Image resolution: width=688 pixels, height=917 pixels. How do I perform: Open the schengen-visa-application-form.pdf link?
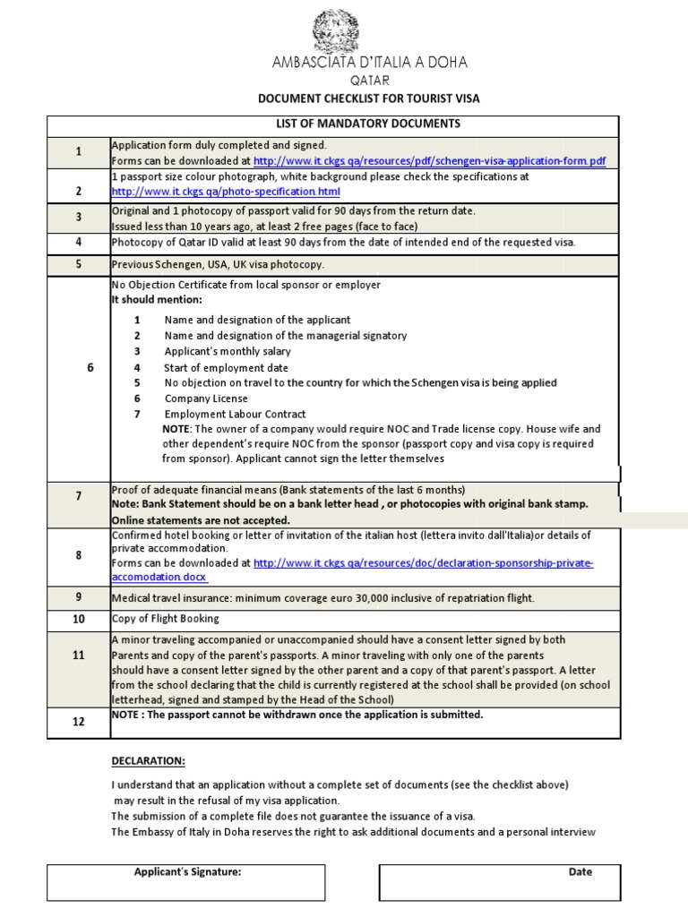tap(429, 161)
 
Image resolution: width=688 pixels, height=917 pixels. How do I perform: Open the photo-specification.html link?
tap(226, 192)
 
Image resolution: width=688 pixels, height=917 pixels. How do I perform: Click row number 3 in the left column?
tap(79, 217)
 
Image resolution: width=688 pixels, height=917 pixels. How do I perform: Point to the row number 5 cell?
tap(79, 264)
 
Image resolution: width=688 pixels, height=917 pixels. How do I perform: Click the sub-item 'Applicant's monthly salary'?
tap(228, 351)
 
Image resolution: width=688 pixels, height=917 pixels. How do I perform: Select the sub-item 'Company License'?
tap(206, 399)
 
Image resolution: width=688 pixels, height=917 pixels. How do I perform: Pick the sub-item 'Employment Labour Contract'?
tap(235, 414)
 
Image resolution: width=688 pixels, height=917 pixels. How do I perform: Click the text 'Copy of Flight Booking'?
tap(165, 619)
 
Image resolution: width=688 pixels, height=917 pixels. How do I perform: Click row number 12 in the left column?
tap(79, 722)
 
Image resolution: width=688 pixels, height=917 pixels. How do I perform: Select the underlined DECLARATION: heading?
tap(148, 761)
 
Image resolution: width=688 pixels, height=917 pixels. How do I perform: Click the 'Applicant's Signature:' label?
tap(187, 871)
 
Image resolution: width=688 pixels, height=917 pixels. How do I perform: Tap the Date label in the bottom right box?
tap(580, 871)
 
